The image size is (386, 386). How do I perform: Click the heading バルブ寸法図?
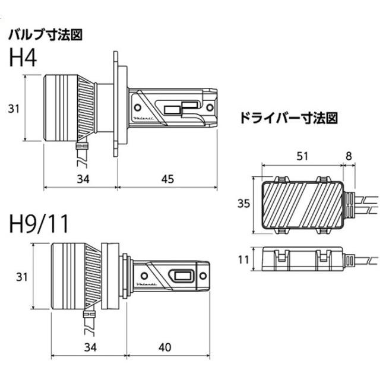click(x=45, y=34)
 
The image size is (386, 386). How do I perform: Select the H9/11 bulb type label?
click(x=39, y=224)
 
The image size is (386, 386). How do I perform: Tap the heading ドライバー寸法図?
click(x=288, y=118)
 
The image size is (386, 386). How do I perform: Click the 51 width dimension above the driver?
click(x=302, y=157)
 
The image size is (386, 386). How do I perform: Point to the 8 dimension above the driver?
click(x=348, y=157)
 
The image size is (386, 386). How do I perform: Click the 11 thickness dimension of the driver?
click(x=242, y=260)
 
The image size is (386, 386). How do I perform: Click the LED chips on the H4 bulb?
click(x=181, y=107)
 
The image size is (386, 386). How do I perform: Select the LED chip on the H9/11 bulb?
click(x=182, y=276)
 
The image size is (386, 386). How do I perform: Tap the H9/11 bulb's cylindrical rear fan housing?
click(x=66, y=276)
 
